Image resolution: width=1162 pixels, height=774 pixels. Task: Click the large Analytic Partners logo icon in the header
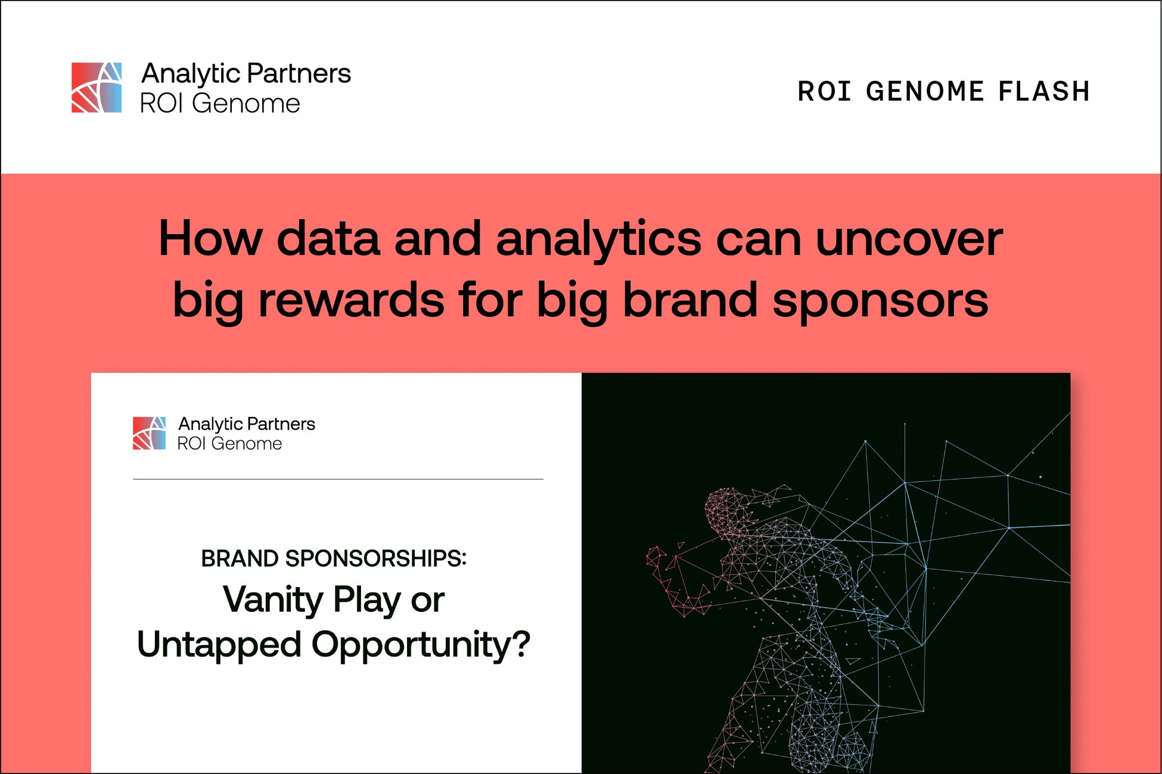coord(97,88)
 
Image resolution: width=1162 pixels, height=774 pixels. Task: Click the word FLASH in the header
coord(1044,92)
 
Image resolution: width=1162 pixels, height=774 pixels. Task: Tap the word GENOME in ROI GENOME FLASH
coord(925,92)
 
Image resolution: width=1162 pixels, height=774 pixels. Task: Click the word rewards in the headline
coord(351,300)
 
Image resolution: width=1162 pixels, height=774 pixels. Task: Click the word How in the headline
coord(210,239)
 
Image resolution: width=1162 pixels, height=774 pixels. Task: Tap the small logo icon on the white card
coord(149,433)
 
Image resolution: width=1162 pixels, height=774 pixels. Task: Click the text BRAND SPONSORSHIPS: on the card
coord(334,559)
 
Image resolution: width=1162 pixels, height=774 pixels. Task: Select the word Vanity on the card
coord(272,601)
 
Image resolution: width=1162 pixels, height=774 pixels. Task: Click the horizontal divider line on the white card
coord(338,479)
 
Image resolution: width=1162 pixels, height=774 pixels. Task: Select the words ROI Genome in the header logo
coord(220,104)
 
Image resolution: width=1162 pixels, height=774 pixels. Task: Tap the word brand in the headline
coord(689,300)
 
